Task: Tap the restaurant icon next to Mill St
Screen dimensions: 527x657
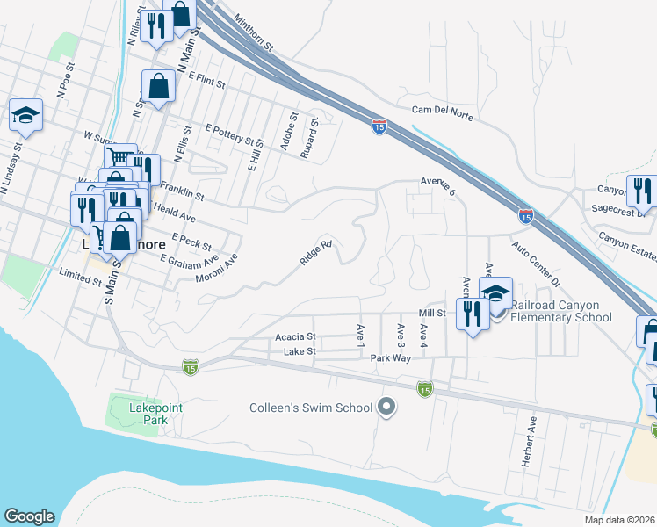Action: click(473, 314)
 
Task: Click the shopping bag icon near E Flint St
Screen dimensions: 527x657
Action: click(159, 86)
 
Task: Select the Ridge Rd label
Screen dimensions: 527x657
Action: click(314, 253)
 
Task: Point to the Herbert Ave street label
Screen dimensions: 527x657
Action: click(531, 442)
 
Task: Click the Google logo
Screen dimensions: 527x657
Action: click(29, 516)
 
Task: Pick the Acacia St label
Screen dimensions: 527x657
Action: click(294, 336)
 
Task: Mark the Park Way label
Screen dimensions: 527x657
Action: click(390, 358)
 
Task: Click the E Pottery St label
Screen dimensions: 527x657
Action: click(235, 134)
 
